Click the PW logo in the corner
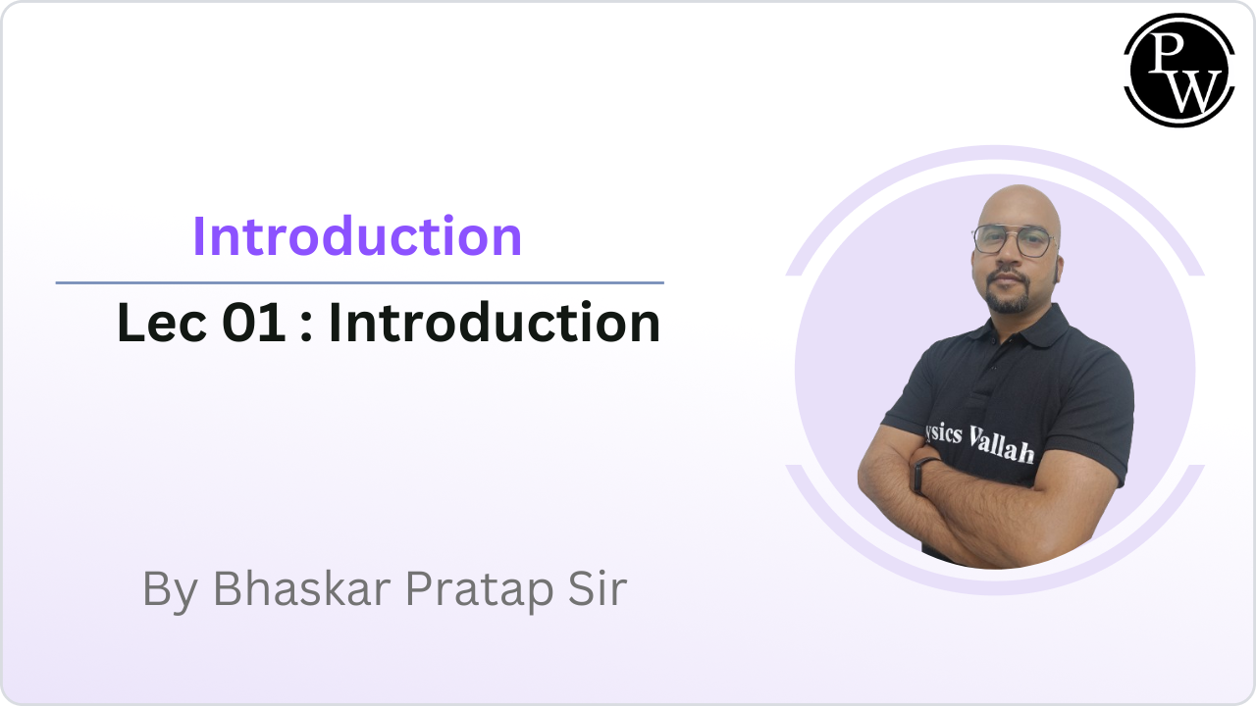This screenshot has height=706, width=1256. (x=1178, y=71)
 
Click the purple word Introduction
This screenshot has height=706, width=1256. (x=357, y=236)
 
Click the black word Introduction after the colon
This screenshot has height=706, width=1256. (x=494, y=324)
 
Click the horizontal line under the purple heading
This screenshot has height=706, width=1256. (x=359, y=282)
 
